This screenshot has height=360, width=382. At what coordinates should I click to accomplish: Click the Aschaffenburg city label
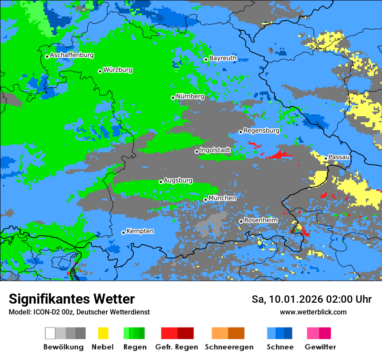(x=72, y=56)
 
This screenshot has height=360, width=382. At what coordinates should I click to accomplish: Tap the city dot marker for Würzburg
(x=100, y=71)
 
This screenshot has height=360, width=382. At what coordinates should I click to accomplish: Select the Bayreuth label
(x=223, y=58)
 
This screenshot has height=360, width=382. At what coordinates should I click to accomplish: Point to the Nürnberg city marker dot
(x=173, y=98)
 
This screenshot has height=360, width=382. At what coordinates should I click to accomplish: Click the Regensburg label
(x=261, y=131)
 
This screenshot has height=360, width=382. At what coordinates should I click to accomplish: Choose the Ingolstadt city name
(x=215, y=150)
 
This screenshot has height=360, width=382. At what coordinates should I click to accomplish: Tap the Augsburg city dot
(x=161, y=182)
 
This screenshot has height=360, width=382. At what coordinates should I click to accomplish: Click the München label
(x=222, y=198)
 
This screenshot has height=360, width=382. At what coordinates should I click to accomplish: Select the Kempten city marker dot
(x=123, y=232)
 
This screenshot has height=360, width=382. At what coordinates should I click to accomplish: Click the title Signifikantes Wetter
(x=72, y=299)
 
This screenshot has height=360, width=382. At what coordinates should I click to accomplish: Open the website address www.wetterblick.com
(x=313, y=312)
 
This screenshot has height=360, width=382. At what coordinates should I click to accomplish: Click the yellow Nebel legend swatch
(x=103, y=333)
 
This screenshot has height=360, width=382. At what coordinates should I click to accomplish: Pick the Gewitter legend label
(x=320, y=347)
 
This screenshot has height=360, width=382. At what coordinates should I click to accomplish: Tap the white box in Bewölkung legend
(x=50, y=333)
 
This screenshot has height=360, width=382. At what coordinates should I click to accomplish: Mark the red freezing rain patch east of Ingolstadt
(x=280, y=155)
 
